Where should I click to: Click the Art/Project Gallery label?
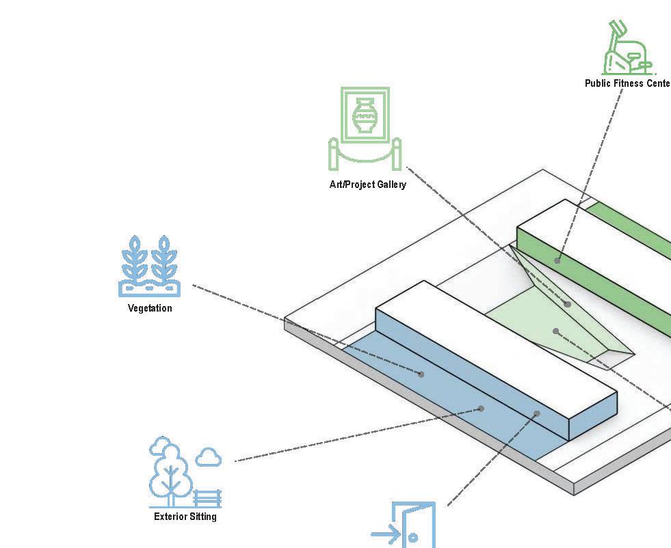tap(367, 184)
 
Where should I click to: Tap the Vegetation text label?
tap(150, 308)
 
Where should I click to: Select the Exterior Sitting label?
tap(185, 517)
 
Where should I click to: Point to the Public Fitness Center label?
tap(627, 83)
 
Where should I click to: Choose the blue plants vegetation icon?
tap(150, 266)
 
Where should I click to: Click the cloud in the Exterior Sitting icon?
tap(209, 456)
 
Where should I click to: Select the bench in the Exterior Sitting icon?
tap(208, 498)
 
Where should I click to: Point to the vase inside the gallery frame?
tap(365, 115)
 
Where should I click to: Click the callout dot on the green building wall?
tap(557, 260)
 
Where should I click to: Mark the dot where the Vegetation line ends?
tap(421, 374)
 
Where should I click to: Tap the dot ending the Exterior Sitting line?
tap(481, 409)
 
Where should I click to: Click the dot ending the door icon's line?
tap(537, 413)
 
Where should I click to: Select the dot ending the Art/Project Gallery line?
tap(568, 304)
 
